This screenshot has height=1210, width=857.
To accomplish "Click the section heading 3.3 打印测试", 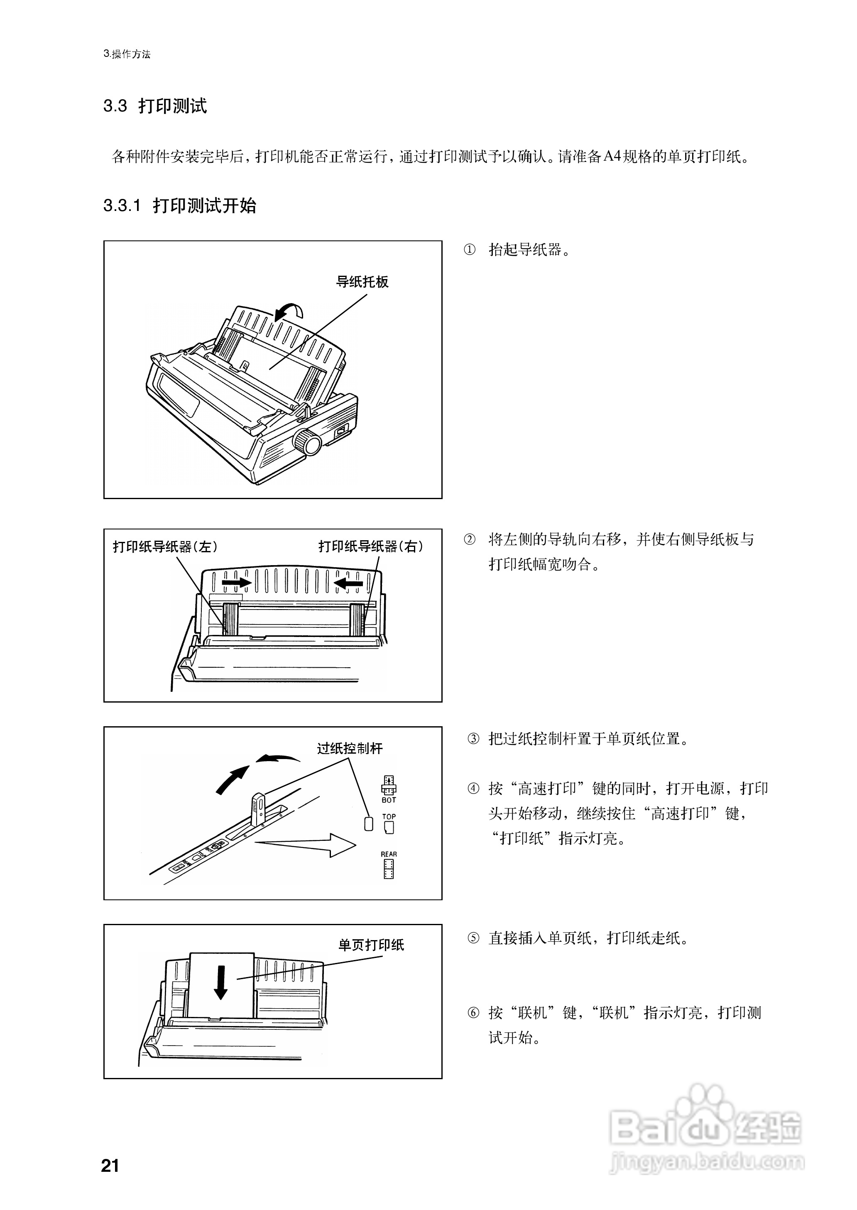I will point(154,106).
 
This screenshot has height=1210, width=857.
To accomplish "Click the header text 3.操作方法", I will point(127,54).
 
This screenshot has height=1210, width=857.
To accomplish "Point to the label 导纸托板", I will point(362,282).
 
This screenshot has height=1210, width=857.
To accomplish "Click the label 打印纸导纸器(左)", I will point(165,547).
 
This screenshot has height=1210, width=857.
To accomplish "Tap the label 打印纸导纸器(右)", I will point(370,547).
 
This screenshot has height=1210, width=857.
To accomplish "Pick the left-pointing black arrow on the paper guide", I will point(349,583).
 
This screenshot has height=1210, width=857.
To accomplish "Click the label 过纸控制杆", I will point(349,748).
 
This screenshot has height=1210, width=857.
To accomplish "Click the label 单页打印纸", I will point(371,945).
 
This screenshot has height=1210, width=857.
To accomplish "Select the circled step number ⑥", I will point(473,1013).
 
